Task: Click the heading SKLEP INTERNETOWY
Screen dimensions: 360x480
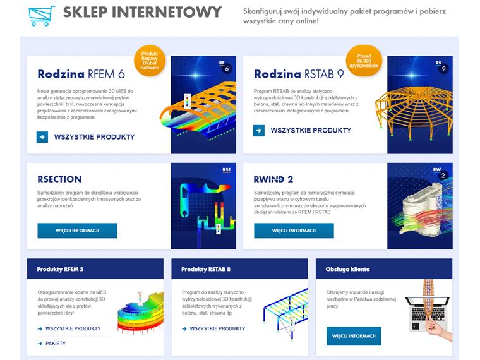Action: point(142,13)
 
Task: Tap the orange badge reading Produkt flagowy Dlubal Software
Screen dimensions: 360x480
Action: point(150,61)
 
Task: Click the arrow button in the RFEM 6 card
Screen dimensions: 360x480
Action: point(42,137)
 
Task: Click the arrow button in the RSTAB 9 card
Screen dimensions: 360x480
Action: point(259,131)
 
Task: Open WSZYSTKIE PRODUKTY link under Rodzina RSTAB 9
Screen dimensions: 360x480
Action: point(311,131)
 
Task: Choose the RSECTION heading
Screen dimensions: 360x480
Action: point(59,179)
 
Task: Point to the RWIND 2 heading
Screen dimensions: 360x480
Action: point(273,179)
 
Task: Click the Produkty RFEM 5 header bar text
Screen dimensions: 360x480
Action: point(60,269)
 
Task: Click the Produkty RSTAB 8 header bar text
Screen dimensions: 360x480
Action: point(206,269)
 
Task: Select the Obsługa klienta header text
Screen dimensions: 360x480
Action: point(347,269)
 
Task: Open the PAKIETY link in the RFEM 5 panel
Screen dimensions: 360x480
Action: point(55,344)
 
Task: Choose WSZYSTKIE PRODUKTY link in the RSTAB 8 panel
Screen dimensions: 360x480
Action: point(217,328)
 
